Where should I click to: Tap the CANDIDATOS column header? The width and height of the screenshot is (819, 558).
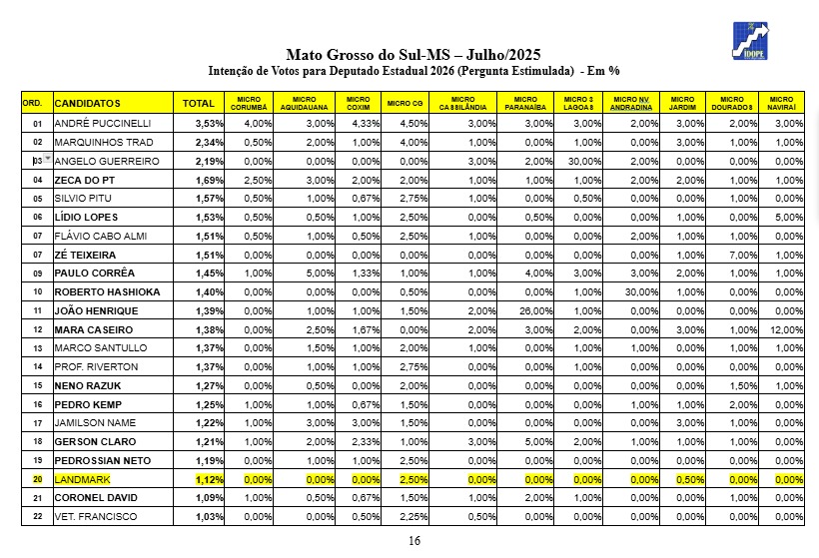coord(88,103)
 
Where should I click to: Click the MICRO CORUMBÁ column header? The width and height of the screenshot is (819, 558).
coord(250,103)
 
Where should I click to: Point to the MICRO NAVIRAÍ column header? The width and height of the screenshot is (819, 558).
coord(782,103)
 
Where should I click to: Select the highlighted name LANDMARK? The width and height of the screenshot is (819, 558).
coord(83,478)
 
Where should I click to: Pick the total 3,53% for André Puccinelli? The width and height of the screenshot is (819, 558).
coord(208,123)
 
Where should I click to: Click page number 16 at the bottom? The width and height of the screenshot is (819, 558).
coord(413,541)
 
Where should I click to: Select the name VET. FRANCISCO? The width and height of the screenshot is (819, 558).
coord(96,516)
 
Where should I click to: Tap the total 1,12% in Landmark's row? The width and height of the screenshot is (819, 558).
coord(208,478)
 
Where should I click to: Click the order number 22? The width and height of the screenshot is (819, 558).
coord(37,516)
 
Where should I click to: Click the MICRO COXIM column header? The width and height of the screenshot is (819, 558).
coord(358,103)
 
